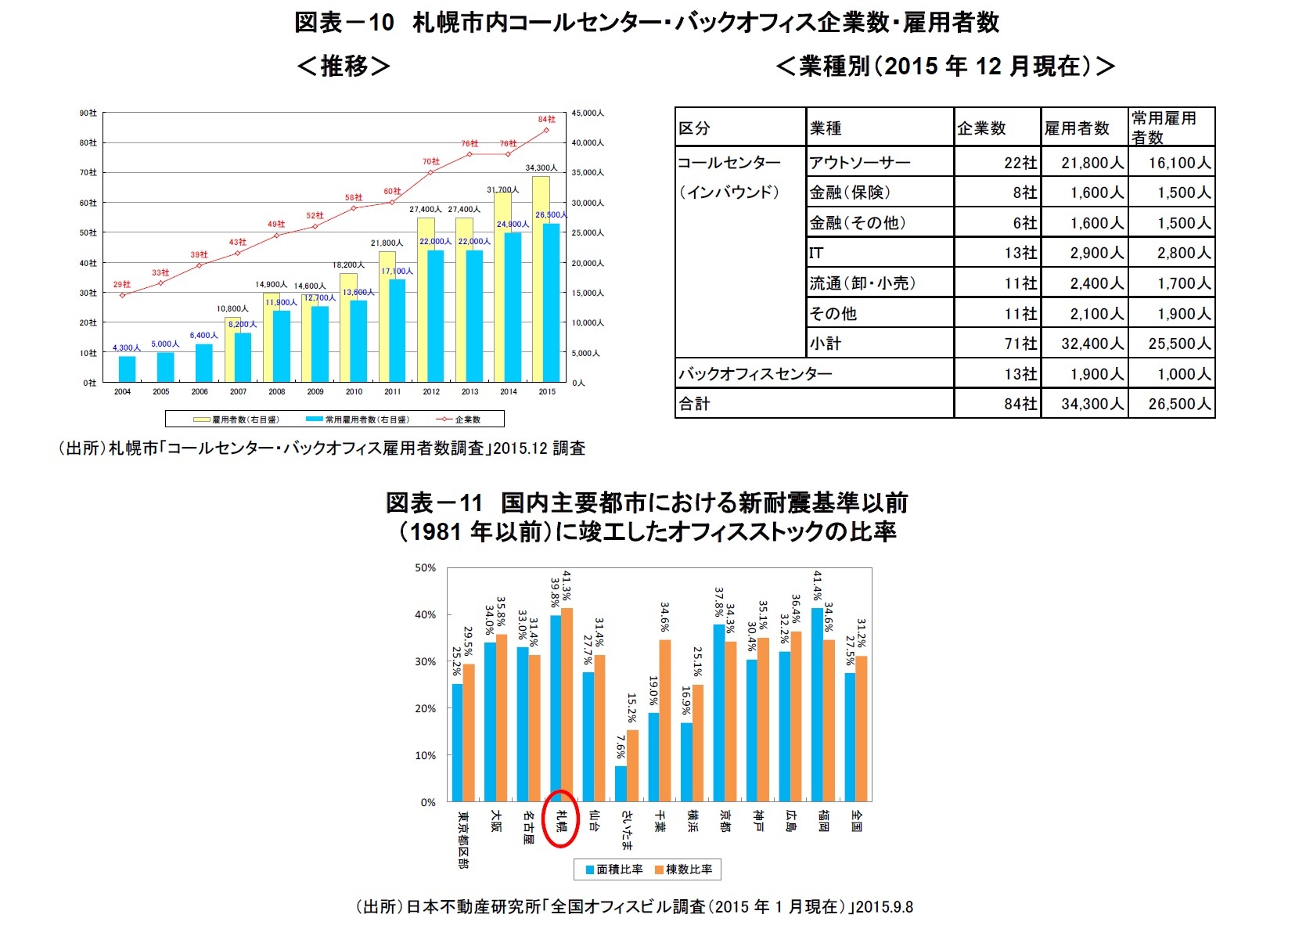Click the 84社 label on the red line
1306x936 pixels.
tap(546, 120)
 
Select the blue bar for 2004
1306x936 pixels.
tap(127, 369)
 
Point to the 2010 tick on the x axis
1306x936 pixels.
tap(354, 392)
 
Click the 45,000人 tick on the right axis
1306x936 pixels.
tap(587, 113)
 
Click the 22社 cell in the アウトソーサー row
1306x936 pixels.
tap(997, 163)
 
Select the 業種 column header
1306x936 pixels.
tap(880, 128)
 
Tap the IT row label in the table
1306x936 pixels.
tap(880, 253)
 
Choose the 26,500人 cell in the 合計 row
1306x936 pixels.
tap(1171, 404)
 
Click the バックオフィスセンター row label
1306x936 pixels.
tap(814, 374)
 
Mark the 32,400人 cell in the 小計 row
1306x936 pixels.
tap(1085, 344)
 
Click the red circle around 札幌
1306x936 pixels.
tap(560, 819)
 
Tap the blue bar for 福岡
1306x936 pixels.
tap(817, 704)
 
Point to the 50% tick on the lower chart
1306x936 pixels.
tap(425, 568)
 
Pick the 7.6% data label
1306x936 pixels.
tap(621, 747)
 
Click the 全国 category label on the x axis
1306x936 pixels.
tap(856, 821)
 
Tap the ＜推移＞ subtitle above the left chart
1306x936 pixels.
tap(343, 67)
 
